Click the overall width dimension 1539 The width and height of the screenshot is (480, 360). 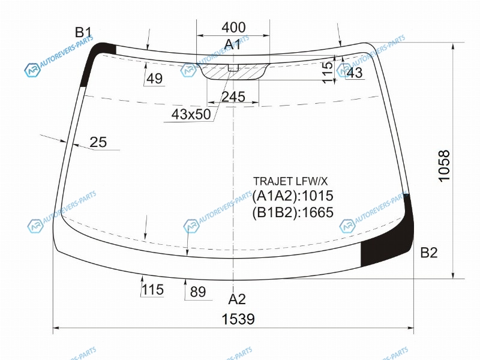tap(238, 319)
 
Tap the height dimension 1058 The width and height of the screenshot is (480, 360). tap(444, 166)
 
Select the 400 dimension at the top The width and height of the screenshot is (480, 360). tap(233, 27)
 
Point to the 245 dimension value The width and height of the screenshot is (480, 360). tap(233, 97)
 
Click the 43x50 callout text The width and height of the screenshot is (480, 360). tap(191, 115)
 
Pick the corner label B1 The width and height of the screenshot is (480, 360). tap(83, 32)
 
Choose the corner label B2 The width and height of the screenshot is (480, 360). tap(428, 253)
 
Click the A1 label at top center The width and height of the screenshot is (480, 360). tap(233, 44)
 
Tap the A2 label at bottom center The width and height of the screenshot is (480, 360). tap(237, 299)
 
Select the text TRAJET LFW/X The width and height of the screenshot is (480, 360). tap(290, 181)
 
